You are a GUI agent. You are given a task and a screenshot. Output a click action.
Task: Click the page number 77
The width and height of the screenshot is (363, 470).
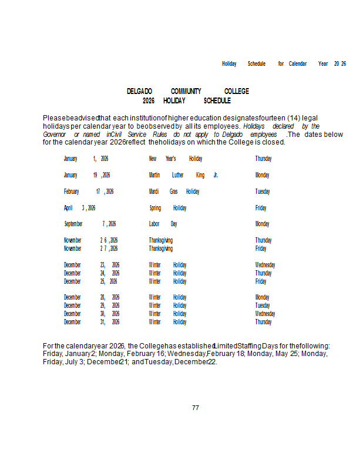[x=196, y=408]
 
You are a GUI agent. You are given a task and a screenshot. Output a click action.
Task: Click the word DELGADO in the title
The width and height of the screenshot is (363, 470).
[x=140, y=91]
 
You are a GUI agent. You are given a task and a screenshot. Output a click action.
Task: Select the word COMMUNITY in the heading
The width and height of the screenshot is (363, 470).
[x=186, y=91]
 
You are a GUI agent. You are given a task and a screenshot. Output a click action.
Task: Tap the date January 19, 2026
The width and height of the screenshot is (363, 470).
[x=87, y=175]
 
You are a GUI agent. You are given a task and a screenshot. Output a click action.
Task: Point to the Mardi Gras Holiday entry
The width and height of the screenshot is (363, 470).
[x=174, y=192]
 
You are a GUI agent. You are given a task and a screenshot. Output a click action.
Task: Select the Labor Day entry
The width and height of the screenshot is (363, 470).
[x=163, y=224]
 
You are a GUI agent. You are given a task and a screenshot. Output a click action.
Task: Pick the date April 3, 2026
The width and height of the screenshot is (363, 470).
[x=80, y=208]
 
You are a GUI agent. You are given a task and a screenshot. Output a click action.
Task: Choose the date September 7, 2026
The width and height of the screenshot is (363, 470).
[x=90, y=224]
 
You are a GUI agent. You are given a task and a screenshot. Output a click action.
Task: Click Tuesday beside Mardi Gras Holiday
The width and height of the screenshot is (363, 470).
[x=263, y=192]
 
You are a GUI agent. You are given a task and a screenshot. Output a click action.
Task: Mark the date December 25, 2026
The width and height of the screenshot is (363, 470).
[x=92, y=281]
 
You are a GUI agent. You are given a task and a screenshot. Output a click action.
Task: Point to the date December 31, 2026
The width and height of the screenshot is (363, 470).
[x=92, y=322]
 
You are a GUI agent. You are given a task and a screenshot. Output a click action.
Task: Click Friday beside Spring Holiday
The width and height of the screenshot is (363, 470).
[x=261, y=208]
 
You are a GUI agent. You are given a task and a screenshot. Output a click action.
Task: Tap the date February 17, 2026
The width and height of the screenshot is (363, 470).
[x=89, y=192]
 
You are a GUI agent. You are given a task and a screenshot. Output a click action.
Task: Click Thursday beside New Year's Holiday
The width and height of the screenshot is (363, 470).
[x=263, y=159]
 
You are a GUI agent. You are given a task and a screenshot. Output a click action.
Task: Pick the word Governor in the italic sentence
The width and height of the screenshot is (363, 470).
[x=55, y=135]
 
